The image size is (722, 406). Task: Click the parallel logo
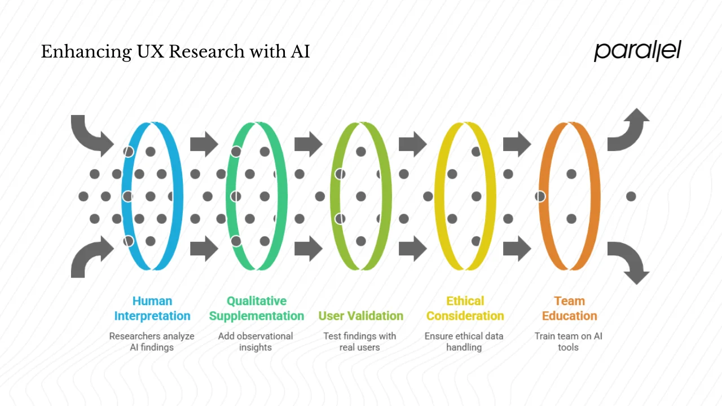point(637,51)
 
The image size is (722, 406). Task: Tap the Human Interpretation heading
point(152,308)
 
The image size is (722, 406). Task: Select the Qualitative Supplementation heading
point(257,308)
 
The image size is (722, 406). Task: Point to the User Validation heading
point(361,316)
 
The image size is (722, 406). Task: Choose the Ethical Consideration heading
point(465,308)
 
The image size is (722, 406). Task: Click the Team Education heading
point(569,308)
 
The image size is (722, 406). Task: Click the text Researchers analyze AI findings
point(152,342)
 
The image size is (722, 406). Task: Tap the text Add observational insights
point(256,342)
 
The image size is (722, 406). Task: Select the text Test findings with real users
point(360,342)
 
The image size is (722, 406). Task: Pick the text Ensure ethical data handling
point(464,342)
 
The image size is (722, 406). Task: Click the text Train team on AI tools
point(569,342)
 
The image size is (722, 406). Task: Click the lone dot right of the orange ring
point(631,196)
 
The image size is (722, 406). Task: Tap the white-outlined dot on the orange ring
point(540,196)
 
